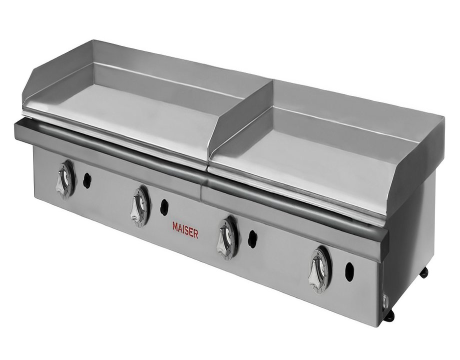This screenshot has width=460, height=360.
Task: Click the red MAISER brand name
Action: [x=185, y=230]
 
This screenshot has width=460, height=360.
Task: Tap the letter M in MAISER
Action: [x=175, y=227]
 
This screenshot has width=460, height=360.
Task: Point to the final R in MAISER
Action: [x=195, y=234]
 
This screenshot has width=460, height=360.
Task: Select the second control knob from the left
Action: [x=139, y=206]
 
